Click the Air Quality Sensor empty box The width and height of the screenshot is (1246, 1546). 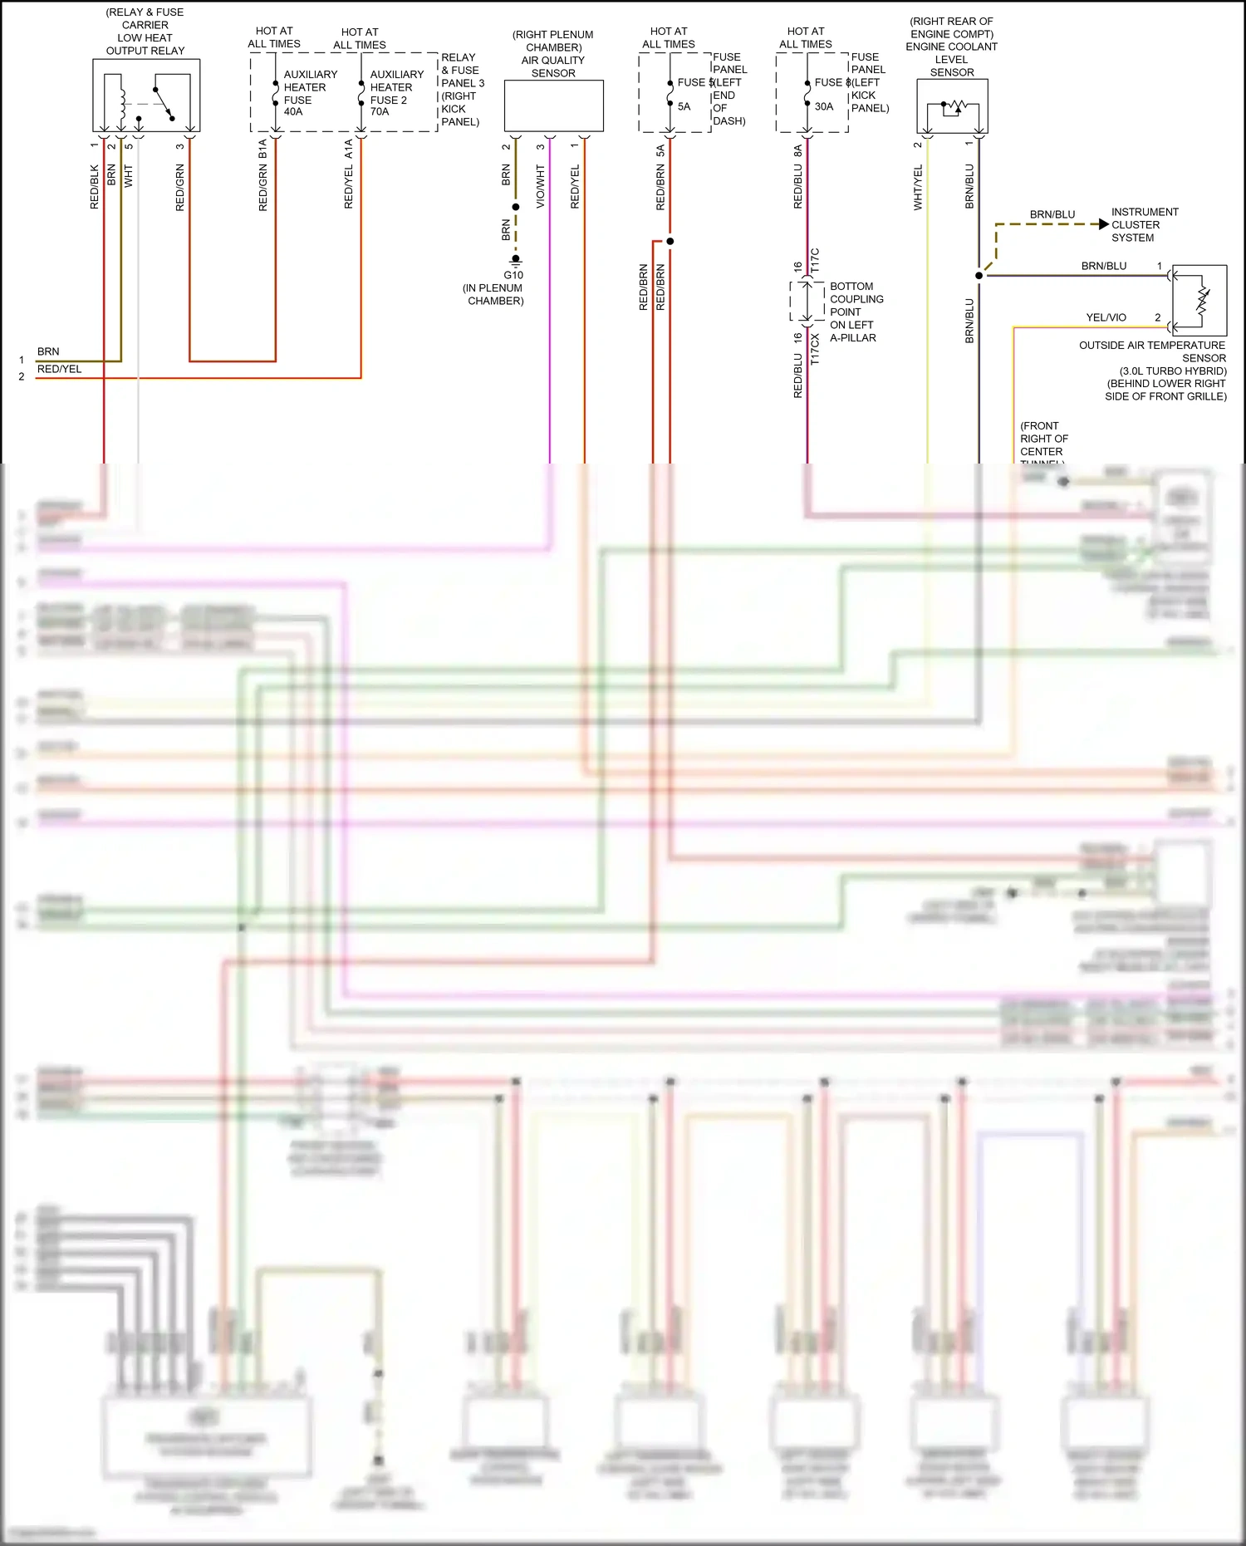click(553, 106)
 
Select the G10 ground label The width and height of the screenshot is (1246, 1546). click(513, 275)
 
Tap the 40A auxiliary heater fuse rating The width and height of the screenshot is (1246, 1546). click(293, 112)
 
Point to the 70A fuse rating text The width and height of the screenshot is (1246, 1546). click(380, 112)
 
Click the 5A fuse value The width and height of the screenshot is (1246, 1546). click(684, 107)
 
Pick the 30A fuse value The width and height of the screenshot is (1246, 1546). click(823, 107)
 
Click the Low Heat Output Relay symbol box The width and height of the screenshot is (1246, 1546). click(146, 95)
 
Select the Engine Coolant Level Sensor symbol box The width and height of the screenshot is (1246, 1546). click(952, 106)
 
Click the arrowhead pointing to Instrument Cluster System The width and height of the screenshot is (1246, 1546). click(1103, 224)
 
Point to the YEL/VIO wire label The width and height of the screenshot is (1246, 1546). click(1106, 318)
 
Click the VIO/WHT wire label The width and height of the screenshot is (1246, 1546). click(541, 187)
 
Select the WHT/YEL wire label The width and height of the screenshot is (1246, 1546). click(918, 187)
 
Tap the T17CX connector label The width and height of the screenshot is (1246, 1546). click(815, 350)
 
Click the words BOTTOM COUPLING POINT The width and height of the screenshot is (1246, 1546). click(856, 299)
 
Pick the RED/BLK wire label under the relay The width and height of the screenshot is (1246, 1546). click(95, 187)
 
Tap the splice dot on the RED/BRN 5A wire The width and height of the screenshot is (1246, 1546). click(670, 242)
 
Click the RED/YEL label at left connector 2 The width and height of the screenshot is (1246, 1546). click(60, 370)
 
